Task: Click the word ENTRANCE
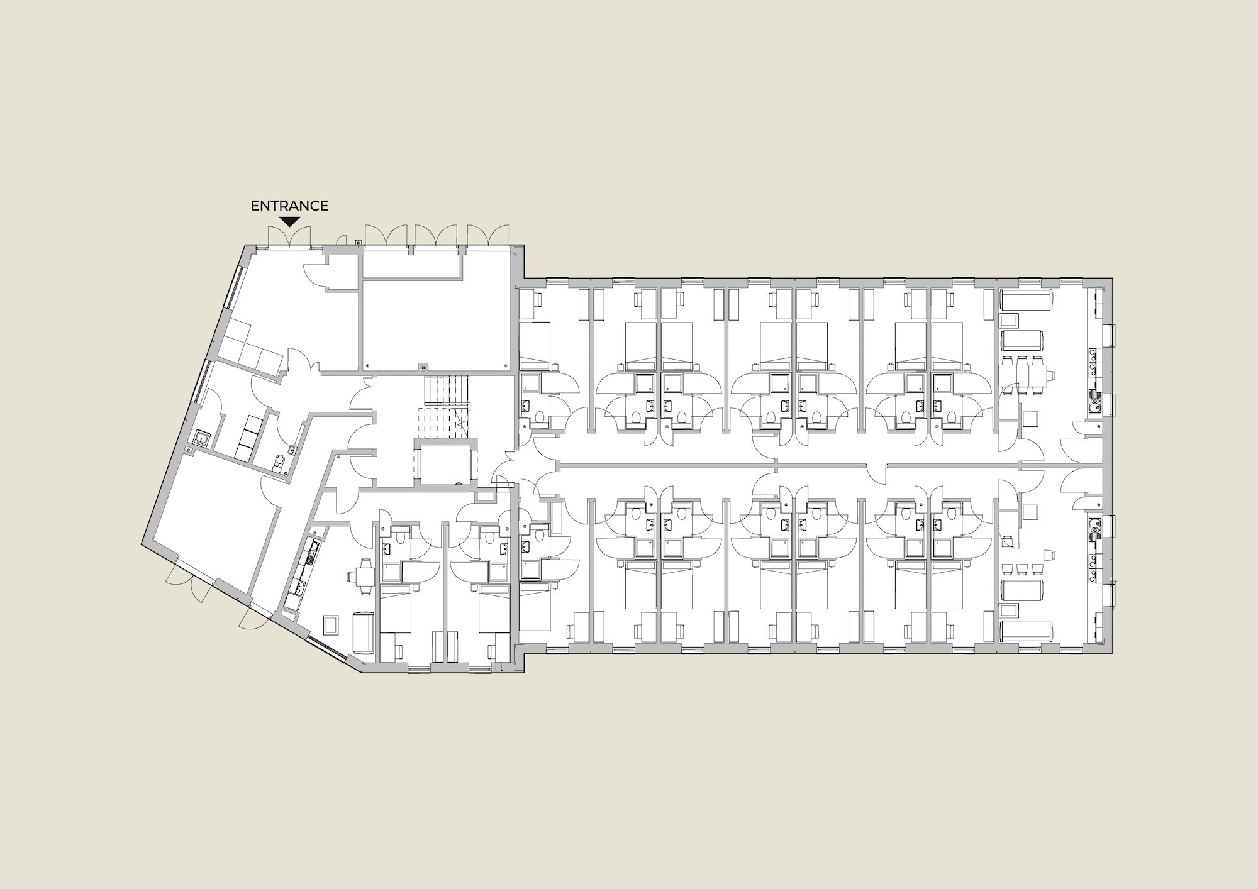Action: coord(289,206)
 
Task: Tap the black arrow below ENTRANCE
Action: coord(289,221)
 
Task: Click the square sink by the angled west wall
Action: coord(203,437)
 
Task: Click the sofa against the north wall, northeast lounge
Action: coord(1026,300)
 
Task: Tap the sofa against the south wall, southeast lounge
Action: coord(1026,631)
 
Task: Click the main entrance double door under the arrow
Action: coord(289,237)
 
